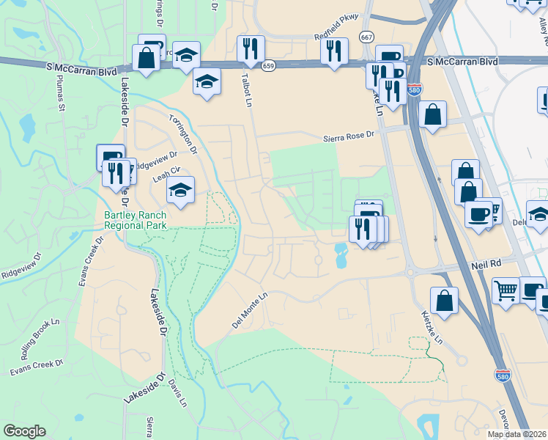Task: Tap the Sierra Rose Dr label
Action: point(349,136)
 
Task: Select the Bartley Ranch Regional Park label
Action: point(136,220)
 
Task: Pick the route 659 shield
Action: point(269,65)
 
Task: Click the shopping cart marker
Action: point(506,290)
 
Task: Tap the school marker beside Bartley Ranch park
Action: point(180,191)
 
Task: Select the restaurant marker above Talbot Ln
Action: point(251,49)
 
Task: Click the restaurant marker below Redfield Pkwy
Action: point(334,51)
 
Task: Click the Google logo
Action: point(25,431)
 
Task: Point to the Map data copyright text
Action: point(517,434)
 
